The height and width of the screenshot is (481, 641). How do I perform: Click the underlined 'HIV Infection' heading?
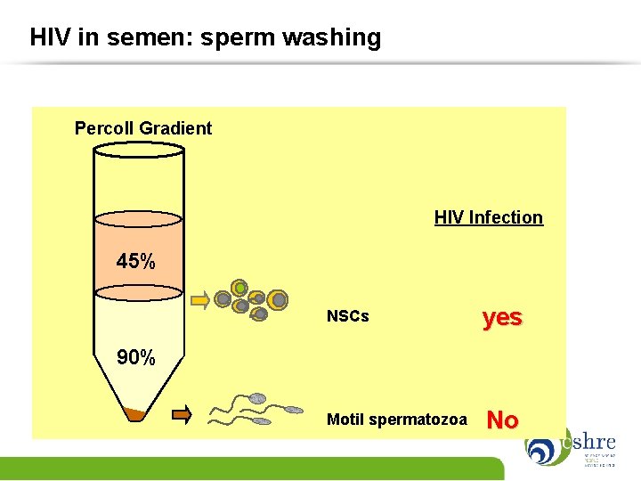[488, 217]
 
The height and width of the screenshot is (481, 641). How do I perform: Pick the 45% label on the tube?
[136, 262]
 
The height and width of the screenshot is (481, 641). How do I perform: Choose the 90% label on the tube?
[136, 358]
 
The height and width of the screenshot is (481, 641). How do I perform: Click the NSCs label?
[347, 316]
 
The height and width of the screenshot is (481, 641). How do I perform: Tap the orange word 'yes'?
[502, 317]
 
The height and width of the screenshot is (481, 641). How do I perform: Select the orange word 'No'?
[503, 420]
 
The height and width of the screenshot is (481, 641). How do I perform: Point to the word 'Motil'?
[345, 419]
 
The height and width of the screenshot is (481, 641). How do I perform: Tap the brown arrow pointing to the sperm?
[181, 412]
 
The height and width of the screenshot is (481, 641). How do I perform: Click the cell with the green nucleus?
[239, 288]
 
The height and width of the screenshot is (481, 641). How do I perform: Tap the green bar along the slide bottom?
[249, 469]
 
